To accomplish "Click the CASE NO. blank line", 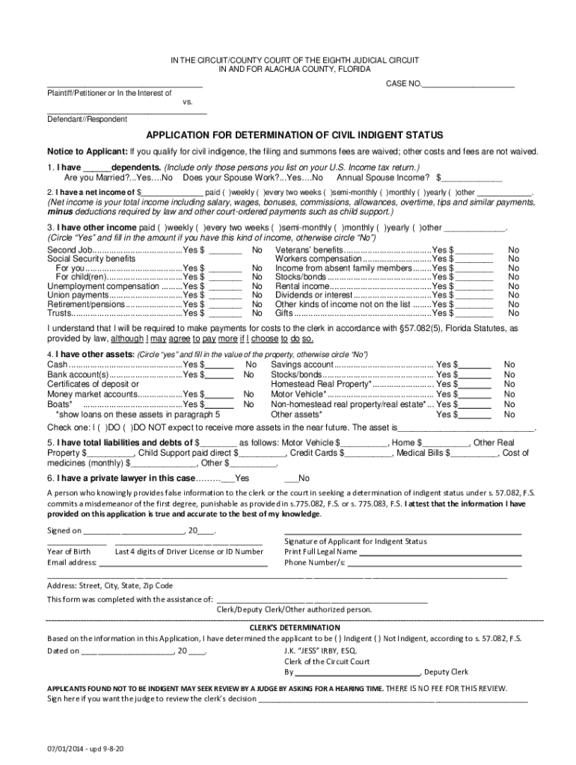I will pyautogui.click(x=469, y=84).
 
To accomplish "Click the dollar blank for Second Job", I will pyautogui.click(x=226, y=250).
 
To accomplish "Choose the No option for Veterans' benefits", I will pyautogui.click(x=513, y=250).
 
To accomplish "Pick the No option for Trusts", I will pyautogui.click(x=257, y=314).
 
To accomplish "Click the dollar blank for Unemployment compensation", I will pyautogui.click(x=226, y=285).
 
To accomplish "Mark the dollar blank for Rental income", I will pyautogui.click(x=477, y=285).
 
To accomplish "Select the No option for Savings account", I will pyautogui.click(x=509, y=364).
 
